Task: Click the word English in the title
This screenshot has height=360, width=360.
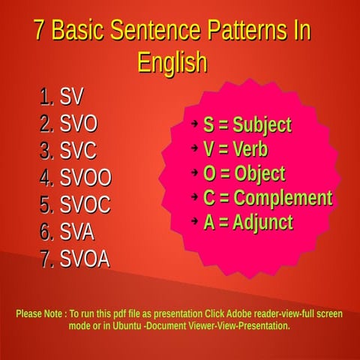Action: click(172, 63)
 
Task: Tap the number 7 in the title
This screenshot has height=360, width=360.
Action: click(40, 29)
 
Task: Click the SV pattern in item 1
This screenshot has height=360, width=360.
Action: click(71, 97)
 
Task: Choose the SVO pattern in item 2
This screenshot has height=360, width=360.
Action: click(78, 124)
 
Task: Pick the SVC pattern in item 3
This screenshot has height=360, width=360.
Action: click(78, 151)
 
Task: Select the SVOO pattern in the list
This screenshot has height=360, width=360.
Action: click(85, 178)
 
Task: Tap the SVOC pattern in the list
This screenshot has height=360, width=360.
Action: click(85, 205)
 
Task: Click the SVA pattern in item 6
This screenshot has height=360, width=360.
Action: click(76, 232)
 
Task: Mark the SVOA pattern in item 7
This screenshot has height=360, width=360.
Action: click(85, 259)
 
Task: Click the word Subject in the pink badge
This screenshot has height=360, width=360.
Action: click(262, 125)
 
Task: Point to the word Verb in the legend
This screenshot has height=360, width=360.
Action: click(250, 149)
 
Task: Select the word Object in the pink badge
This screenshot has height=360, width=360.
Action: click(260, 174)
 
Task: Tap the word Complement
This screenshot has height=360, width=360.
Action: click(283, 198)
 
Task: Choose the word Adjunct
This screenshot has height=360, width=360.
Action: click(263, 223)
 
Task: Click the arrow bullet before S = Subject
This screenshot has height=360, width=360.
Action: click(194, 124)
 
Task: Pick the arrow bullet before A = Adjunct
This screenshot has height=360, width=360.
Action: click(194, 220)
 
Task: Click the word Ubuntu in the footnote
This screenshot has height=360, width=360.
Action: click(127, 325)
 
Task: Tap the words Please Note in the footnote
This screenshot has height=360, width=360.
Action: click(39, 313)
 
